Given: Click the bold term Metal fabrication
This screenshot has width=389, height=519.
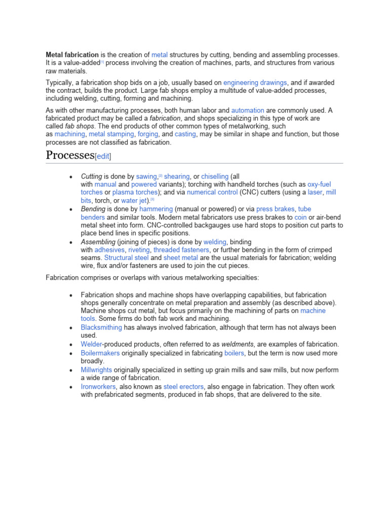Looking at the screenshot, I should (x=72, y=55).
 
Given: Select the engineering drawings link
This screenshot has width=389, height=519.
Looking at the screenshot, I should (x=255, y=83).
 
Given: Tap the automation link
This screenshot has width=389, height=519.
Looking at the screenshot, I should (x=248, y=110).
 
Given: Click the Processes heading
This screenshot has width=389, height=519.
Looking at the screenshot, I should (x=70, y=155).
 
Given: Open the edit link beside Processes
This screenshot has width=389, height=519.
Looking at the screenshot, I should (x=103, y=156).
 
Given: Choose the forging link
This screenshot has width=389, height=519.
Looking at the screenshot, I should (x=148, y=134).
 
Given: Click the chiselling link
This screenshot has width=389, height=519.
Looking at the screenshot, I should (x=215, y=176).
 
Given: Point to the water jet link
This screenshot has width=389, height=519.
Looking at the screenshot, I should (x=134, y=201).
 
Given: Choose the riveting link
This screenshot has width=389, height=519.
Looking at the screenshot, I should (x=139, y=250).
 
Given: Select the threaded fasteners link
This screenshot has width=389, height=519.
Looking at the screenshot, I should (x=181, y=250).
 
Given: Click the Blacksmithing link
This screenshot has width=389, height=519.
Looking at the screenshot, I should (x=101, y=327).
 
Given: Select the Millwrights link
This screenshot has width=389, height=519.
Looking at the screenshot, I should (x=96, y=370).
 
